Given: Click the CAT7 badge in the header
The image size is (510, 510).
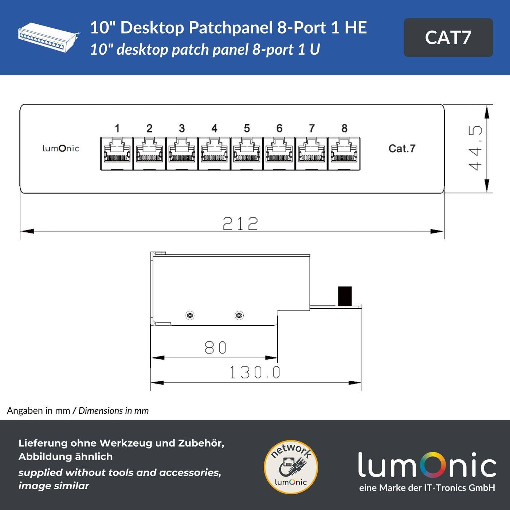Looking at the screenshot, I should click(448, 38).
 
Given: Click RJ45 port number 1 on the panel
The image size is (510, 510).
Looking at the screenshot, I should click(117, 153).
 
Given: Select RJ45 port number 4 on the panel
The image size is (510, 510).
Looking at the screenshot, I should click(214, 153).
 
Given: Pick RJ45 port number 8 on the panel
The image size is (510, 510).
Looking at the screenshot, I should click(344, 153).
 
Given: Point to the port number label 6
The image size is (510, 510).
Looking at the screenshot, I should click(279, 128).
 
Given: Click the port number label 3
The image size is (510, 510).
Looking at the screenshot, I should click(182, 128).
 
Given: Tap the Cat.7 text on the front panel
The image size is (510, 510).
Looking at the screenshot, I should click(401, 148).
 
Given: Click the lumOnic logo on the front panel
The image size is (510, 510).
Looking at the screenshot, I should click(60, 148).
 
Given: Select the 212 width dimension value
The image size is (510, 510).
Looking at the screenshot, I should click(240, 223).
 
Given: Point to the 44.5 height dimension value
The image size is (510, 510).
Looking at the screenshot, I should click(475, 148).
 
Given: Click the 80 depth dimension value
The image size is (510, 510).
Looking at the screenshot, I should click(215, 348).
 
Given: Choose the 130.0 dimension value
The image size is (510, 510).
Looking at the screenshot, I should click(255, 372).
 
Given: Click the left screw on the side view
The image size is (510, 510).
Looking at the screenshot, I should click(190, 315).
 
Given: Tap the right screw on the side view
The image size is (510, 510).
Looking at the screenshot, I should click(239, 315).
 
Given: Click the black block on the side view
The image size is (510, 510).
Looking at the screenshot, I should click(345, 296).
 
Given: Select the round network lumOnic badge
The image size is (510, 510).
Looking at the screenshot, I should click(291, 467).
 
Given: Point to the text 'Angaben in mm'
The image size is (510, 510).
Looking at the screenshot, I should click(38, 411).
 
